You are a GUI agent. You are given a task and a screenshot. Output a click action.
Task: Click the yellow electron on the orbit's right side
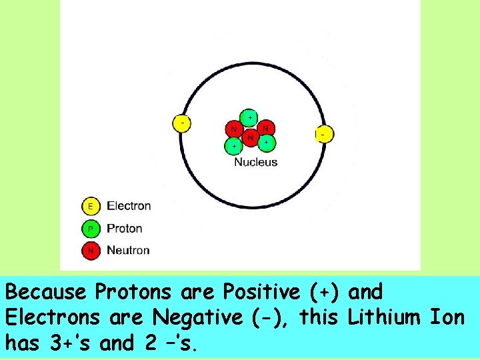323,135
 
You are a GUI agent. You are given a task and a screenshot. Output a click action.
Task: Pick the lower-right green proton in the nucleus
266,142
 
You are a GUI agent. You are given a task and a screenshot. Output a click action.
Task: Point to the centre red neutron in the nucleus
250,138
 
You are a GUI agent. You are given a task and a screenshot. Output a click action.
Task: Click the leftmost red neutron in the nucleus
233,129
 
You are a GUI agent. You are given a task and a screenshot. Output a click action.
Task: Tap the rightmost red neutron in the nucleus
265,127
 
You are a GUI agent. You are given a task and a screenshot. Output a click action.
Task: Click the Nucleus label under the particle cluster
255,162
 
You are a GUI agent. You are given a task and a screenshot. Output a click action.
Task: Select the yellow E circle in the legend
91,206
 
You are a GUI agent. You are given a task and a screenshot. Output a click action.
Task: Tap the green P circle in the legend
91,229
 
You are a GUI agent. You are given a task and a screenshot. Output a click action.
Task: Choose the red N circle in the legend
91,251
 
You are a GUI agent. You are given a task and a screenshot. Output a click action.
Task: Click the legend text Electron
129,206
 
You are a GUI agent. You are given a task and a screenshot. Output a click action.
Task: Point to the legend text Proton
125,229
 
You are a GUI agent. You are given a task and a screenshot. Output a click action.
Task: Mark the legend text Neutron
128,251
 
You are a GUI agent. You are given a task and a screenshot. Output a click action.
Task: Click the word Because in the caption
46,292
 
